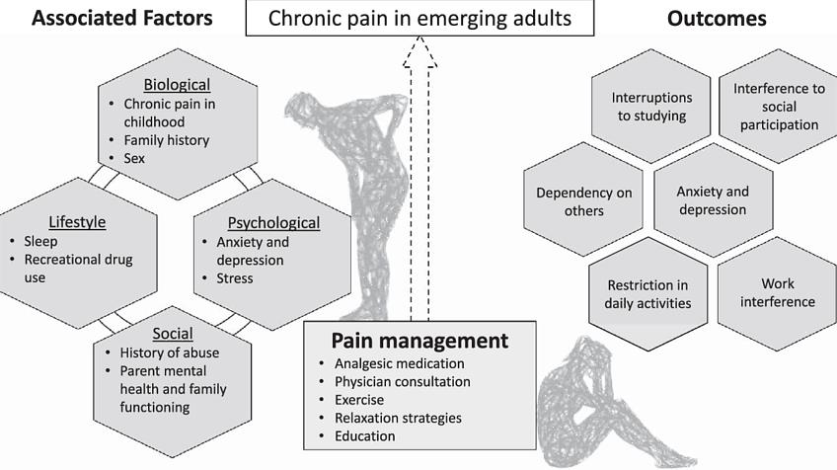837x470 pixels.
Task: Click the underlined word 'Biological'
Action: coord(164,84)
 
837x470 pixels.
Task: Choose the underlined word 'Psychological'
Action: coord(273,223)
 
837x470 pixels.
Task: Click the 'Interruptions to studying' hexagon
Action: coord(651,107)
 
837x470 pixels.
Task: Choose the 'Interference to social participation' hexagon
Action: coord(778,107)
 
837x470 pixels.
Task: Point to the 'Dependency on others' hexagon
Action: coord(584,200)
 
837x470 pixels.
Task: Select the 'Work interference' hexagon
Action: coord(778,292)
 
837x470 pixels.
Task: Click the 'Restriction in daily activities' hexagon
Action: coord(647,293)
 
